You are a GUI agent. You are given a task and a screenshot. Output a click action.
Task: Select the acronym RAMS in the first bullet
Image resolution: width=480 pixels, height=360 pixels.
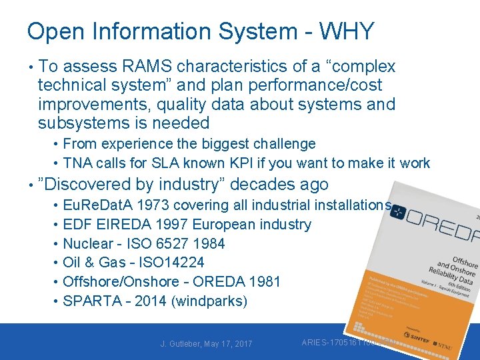pyautogui.click(x=148, y=67)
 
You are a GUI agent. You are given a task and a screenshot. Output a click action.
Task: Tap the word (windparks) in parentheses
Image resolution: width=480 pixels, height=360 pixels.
pyautogui.click(x=209, y=301)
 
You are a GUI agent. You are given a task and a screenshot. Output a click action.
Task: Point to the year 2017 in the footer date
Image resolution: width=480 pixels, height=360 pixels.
pyautogui.click(x=241, y=343)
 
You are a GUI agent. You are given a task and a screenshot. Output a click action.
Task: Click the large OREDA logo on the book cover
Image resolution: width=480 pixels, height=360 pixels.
pyautogui.click(x=440, y=224)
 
